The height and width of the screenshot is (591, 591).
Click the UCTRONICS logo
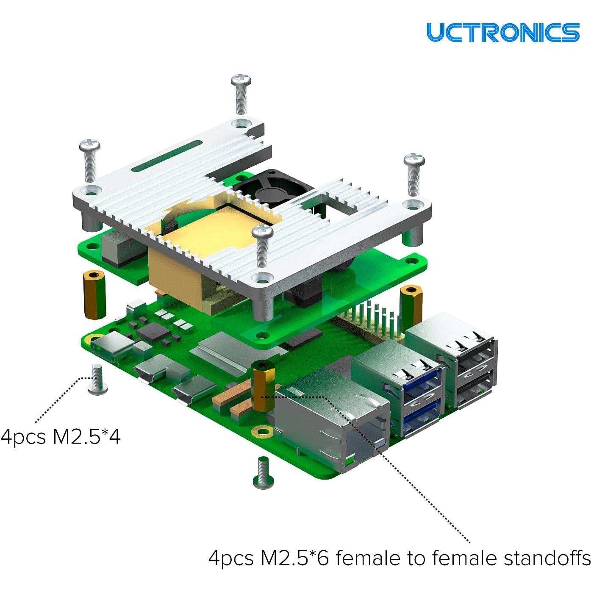click(x=502, y=32)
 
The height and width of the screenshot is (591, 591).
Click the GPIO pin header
click(x=373, y=322)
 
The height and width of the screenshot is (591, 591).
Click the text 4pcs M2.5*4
click(x=61, y=436)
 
